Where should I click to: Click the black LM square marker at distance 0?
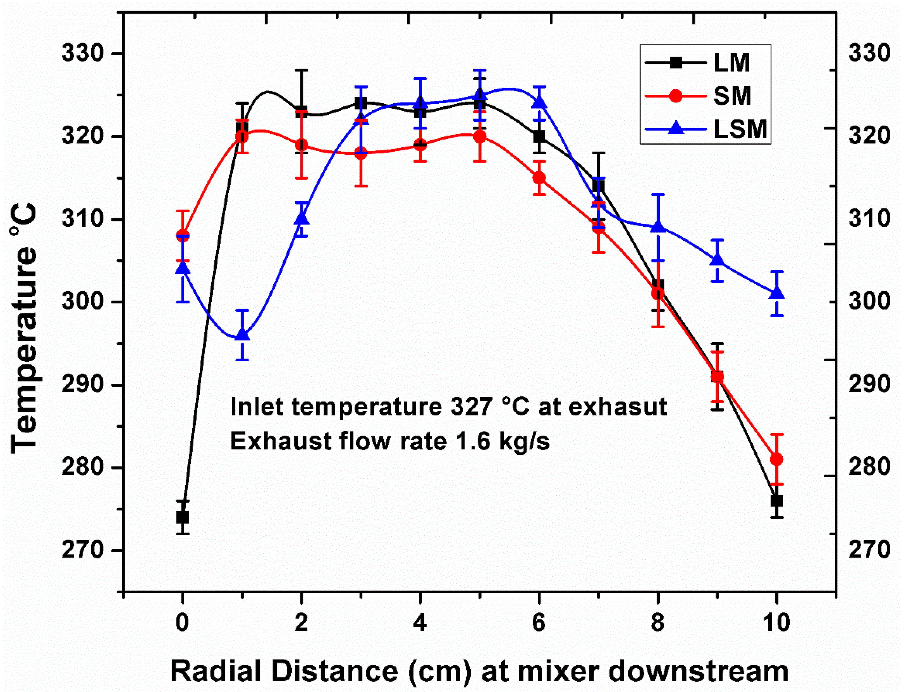point(182,517)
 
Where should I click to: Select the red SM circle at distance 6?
point(539,178)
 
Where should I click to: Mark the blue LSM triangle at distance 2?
point(301,218)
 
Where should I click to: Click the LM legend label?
point(731,63)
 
